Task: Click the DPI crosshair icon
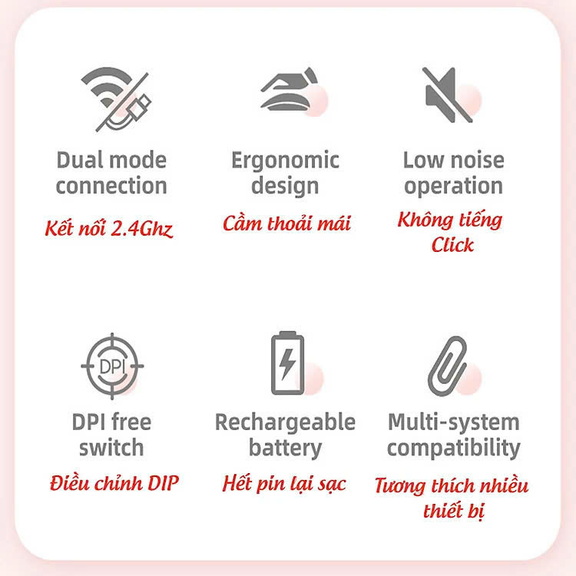tap(112, 366)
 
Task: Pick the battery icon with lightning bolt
tap(288, 363)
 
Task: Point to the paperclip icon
tap(448, 366)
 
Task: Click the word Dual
tap(80, 161)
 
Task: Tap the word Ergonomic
tap(285, 161)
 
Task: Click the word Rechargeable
tap(285, 423)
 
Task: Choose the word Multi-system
tap(454, 423)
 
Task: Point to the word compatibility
tap(454, 449)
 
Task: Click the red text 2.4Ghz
tap(141, 229)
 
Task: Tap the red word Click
tap(452, 245)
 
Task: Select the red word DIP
tap(163, 483)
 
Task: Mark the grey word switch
tap(111, 448)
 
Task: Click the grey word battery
tap(285, 449)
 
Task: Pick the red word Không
tap(425, 220)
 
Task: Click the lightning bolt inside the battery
tap(287, 364)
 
